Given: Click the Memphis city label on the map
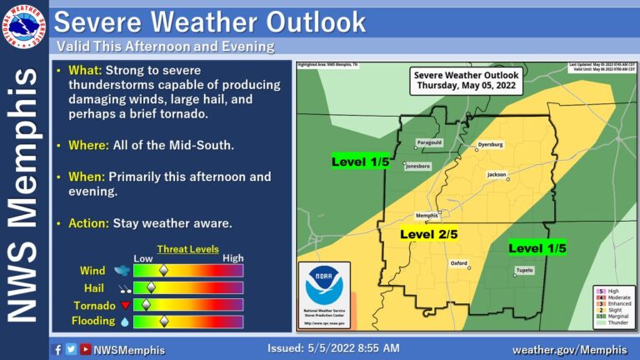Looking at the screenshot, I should pyautogui.click(x=427, y=216).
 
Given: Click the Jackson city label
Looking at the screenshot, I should pyautogui.click(x=497, y=174).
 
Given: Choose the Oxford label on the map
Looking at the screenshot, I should pyautogui.click(x=459, y=263).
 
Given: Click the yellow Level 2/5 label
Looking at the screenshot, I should pyautogui.click(x=429, y=235).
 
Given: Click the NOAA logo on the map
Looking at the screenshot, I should pyautogui.click(x=324, y=285).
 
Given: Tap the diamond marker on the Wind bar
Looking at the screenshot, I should pyautogui.click(x=163, y=270).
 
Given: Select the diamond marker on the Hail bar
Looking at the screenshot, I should pyautogui.click(x=152, y=287).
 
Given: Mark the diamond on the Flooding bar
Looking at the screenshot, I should pyautogui.click(x=164, y=321).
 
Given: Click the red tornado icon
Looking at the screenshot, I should pyautogui.click(x=124, y=304).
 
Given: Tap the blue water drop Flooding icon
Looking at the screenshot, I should pyautogui.click(x=124, y=321).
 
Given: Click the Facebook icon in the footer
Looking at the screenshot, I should pyautogui.click(x=57, y=349).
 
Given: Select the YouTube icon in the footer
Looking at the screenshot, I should pyautogui.click(x=85, y=349).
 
